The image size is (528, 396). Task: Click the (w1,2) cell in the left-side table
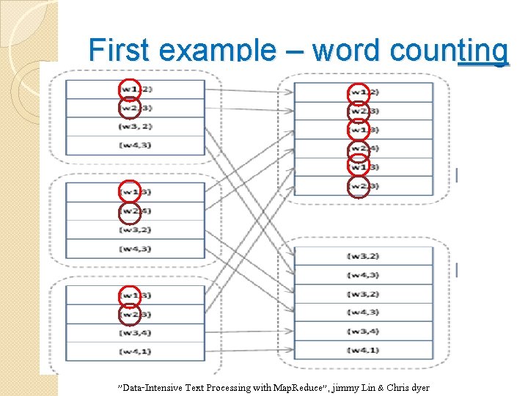pyautogui.click(x=135, y=89)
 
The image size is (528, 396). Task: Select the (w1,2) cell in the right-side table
pyautogui.click(x=364, y=92)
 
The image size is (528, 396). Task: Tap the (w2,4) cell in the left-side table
pyautogui.click(x=135, y=212)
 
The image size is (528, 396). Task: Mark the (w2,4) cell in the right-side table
pyautogui.click(x=364, y=149)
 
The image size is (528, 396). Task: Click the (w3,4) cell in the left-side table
pyautogui.click(x=135, y=334)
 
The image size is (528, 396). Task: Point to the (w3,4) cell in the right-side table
pyautogui.click(x=364, y=331)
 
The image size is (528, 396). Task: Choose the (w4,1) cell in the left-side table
pyautogui.click(x=135, y=352)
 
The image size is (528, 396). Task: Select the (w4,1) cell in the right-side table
pyautogui.click(x=364, y=351)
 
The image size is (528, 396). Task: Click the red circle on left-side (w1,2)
pyautogui.click(x=129, y=89)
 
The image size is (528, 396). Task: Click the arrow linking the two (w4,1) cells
pyautogui.click(x=249, y=351)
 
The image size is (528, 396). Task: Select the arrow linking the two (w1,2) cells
pyautogui.click(x=249, y=91)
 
